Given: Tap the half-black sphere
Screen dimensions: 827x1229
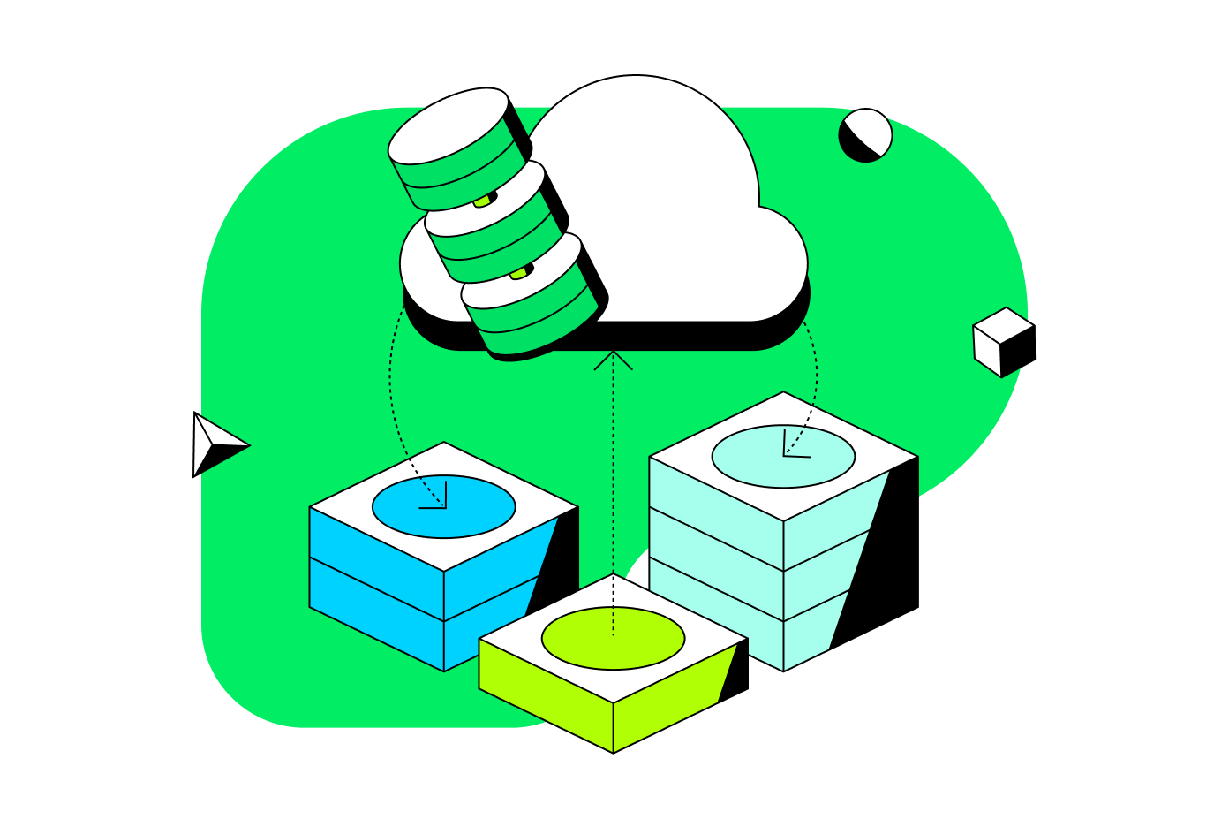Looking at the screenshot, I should coord(865,135).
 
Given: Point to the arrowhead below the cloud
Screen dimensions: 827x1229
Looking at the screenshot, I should coord(613,359).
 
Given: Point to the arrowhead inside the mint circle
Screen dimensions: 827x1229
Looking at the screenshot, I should coord(788,451).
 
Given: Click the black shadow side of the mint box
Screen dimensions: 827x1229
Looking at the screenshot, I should coord(883,557).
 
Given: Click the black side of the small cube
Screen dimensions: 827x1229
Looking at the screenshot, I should coord(1019,349).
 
